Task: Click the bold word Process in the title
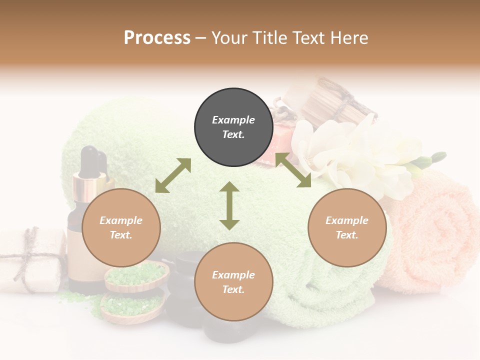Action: coord(157,38)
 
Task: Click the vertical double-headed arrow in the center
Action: coord(229,205)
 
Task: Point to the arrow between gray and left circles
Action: coord(173,175)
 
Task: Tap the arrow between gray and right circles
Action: coord(293,170)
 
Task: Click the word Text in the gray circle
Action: coord(233,134)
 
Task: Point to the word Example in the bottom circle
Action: coord(233,275)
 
